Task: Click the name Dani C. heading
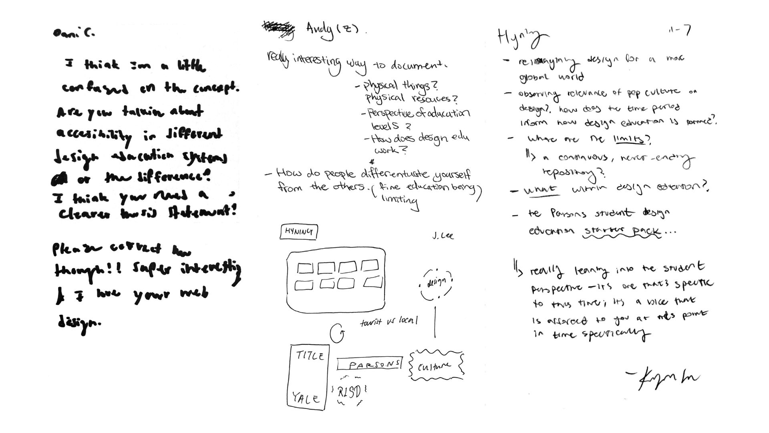[74, 33]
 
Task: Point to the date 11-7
[680, 30]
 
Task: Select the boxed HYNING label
[299, 232]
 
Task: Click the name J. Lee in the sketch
[443, 236]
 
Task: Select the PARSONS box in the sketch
[369, 364]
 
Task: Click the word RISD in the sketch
[349, 392]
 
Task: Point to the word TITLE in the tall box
[310, 355]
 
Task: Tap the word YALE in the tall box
[306, 398]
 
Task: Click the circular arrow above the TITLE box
[337, 333]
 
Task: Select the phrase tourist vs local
[389, 321]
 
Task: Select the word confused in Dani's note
[95, 88]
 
